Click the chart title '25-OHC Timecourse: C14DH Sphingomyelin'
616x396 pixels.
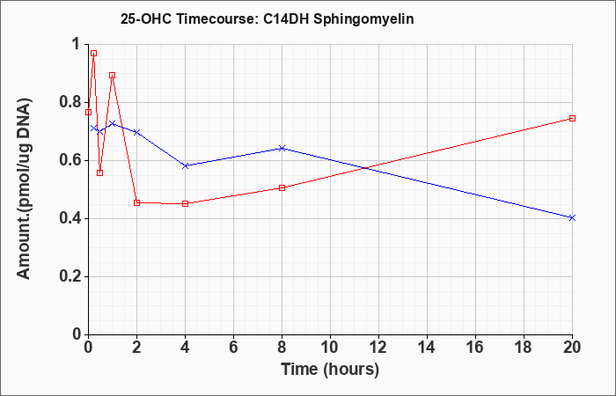click(268, 18)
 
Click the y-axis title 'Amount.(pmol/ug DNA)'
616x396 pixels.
click(24, 188)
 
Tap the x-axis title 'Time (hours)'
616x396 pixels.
click(330, 370)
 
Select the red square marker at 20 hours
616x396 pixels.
click(572, 118)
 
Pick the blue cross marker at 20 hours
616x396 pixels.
click(572, 217)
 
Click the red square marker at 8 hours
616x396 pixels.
click(282, 187)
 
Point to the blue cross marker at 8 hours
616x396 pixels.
click(282, 148)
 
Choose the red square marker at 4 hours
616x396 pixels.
click(185, 203)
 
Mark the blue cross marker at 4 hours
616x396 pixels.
click(185, 165)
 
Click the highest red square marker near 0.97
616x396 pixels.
click(93, 54)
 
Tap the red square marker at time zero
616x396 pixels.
click(88, 112)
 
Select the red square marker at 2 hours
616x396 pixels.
click(136, 202)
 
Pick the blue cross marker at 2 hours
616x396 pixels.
click(136, 132)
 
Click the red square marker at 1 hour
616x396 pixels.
click(113, 75)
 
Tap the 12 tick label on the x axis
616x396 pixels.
click(378, 348)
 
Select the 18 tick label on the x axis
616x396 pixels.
click(524, 348)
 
